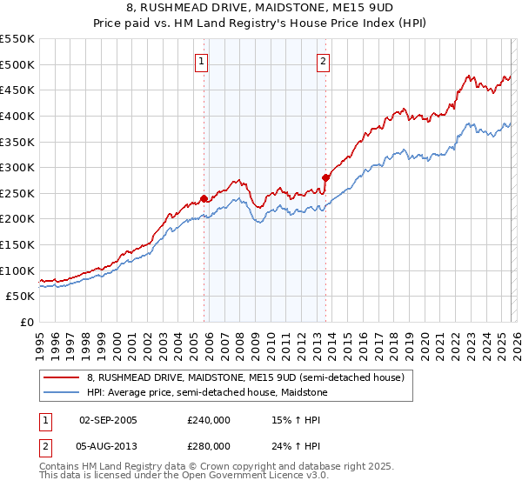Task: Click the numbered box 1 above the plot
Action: coord(202,61)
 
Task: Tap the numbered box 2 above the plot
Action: coord(323,61)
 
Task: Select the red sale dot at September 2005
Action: coord(204,198)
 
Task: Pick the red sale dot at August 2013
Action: coord(326,177)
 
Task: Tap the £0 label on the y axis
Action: coord(26,323)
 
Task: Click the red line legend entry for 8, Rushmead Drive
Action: coord(245,378)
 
